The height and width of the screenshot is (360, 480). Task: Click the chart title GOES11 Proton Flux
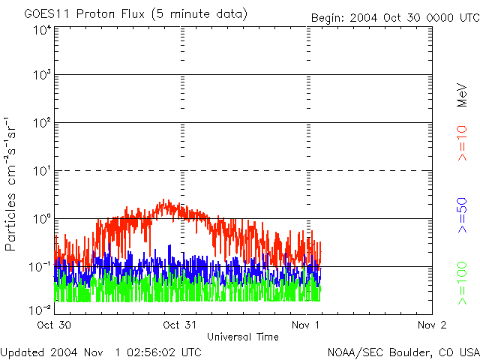click(x=135, y=14)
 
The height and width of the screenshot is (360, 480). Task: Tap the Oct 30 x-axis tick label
click(x=54, y=325)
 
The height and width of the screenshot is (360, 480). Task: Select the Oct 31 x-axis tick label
click(x=180, y=325)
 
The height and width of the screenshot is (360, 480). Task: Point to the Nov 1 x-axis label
click(x=306, y=325)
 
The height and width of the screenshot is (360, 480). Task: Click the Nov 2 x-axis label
click(x=431, y=325)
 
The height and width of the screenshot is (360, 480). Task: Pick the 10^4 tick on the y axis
click(x=41, y=30)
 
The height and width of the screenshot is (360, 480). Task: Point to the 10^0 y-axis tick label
click(x=41, y=220)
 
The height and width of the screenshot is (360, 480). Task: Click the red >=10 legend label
click(x=463, y=143)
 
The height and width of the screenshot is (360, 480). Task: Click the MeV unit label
click(x=463, y=94)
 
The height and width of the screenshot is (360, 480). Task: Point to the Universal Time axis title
click(x=243, y=337)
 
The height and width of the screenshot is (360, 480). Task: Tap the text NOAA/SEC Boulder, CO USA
click(x=403, y=352)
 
